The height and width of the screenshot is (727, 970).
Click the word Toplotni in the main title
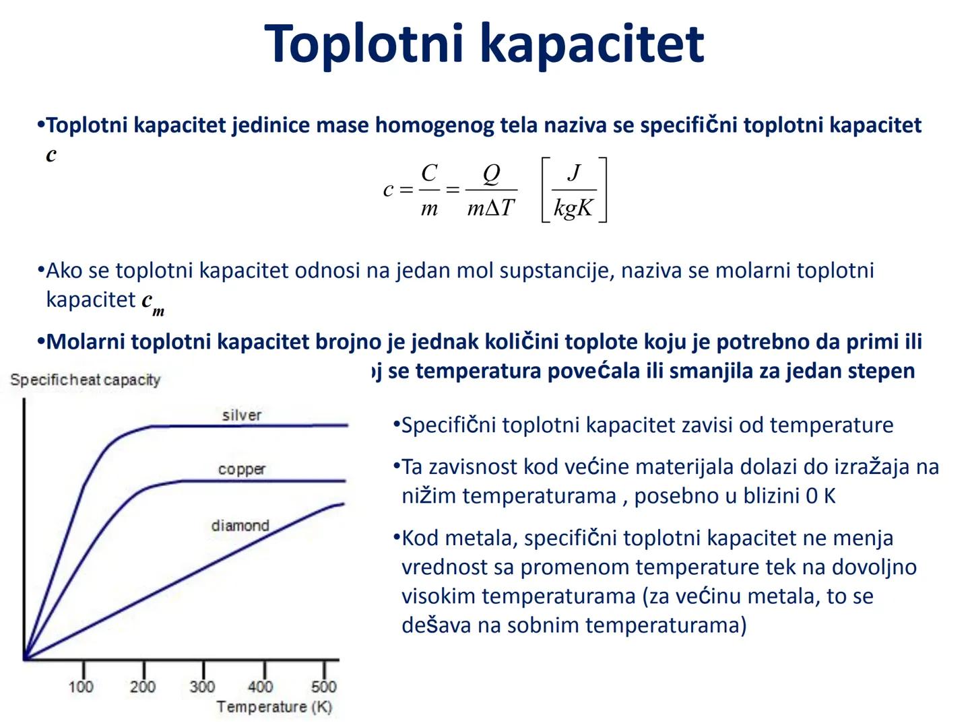(x=364, y=44)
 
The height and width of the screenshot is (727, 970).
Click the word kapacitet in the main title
(x=592, y=44)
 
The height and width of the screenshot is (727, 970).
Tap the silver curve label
(x=242, y=415)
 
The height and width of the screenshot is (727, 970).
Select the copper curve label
(x=242, y=469)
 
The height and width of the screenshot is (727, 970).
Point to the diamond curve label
(x=240, y=525)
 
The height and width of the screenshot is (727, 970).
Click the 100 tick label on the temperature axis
(x=81, y=687)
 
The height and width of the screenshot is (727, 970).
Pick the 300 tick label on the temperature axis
(x=202, y=687)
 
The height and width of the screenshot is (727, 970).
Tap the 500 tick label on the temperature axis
(x=324, y=687)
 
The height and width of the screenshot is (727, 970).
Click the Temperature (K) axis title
(x=274, y=707)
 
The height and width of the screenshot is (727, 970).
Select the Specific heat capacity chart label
(x=86, y=380)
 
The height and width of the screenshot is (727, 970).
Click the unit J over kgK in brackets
(x=574, y=190)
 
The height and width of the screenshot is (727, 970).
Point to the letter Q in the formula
(x=492, y=174)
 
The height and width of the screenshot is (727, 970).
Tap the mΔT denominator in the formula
(x=491, y=208)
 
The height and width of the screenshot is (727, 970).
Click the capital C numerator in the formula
(x=429, y=173)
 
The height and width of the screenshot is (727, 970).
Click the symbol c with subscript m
(x=152, y=302)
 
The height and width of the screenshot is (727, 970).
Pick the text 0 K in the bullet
(x=820, y=496)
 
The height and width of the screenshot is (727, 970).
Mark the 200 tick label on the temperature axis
(x=142, y=687)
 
